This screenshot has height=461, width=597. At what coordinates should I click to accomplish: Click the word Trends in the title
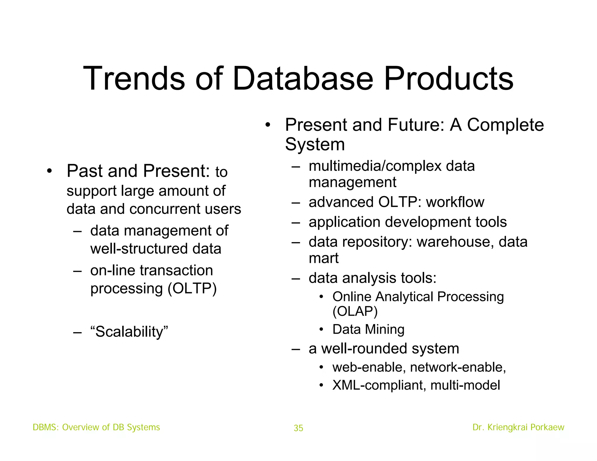pos(134,79)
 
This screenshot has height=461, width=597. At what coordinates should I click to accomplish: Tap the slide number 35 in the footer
pos(298,428)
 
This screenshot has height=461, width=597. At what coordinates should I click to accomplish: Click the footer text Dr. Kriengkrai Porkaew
pos(518,427)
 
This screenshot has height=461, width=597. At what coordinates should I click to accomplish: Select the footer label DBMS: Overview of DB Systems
pos(96,427)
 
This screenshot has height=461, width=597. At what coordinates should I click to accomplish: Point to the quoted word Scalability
pos(129,332)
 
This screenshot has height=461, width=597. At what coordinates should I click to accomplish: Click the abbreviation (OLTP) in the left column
pos(192,288)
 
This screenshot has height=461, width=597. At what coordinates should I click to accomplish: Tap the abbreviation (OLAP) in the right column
pos(355,312)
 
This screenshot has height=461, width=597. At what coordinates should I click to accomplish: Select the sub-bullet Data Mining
pos(368,329)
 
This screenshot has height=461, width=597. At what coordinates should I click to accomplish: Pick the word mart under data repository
pos(324,258)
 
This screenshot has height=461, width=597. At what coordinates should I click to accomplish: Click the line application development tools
pos(408,222)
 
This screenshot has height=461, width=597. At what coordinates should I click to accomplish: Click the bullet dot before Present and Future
pos(268,125)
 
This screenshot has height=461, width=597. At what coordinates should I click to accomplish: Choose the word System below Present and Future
pos(315,144)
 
